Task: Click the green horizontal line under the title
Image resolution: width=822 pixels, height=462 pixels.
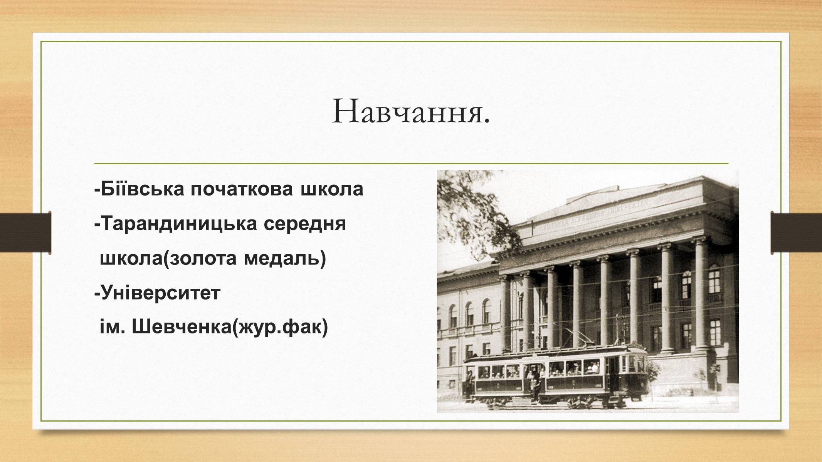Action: (411, 164)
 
